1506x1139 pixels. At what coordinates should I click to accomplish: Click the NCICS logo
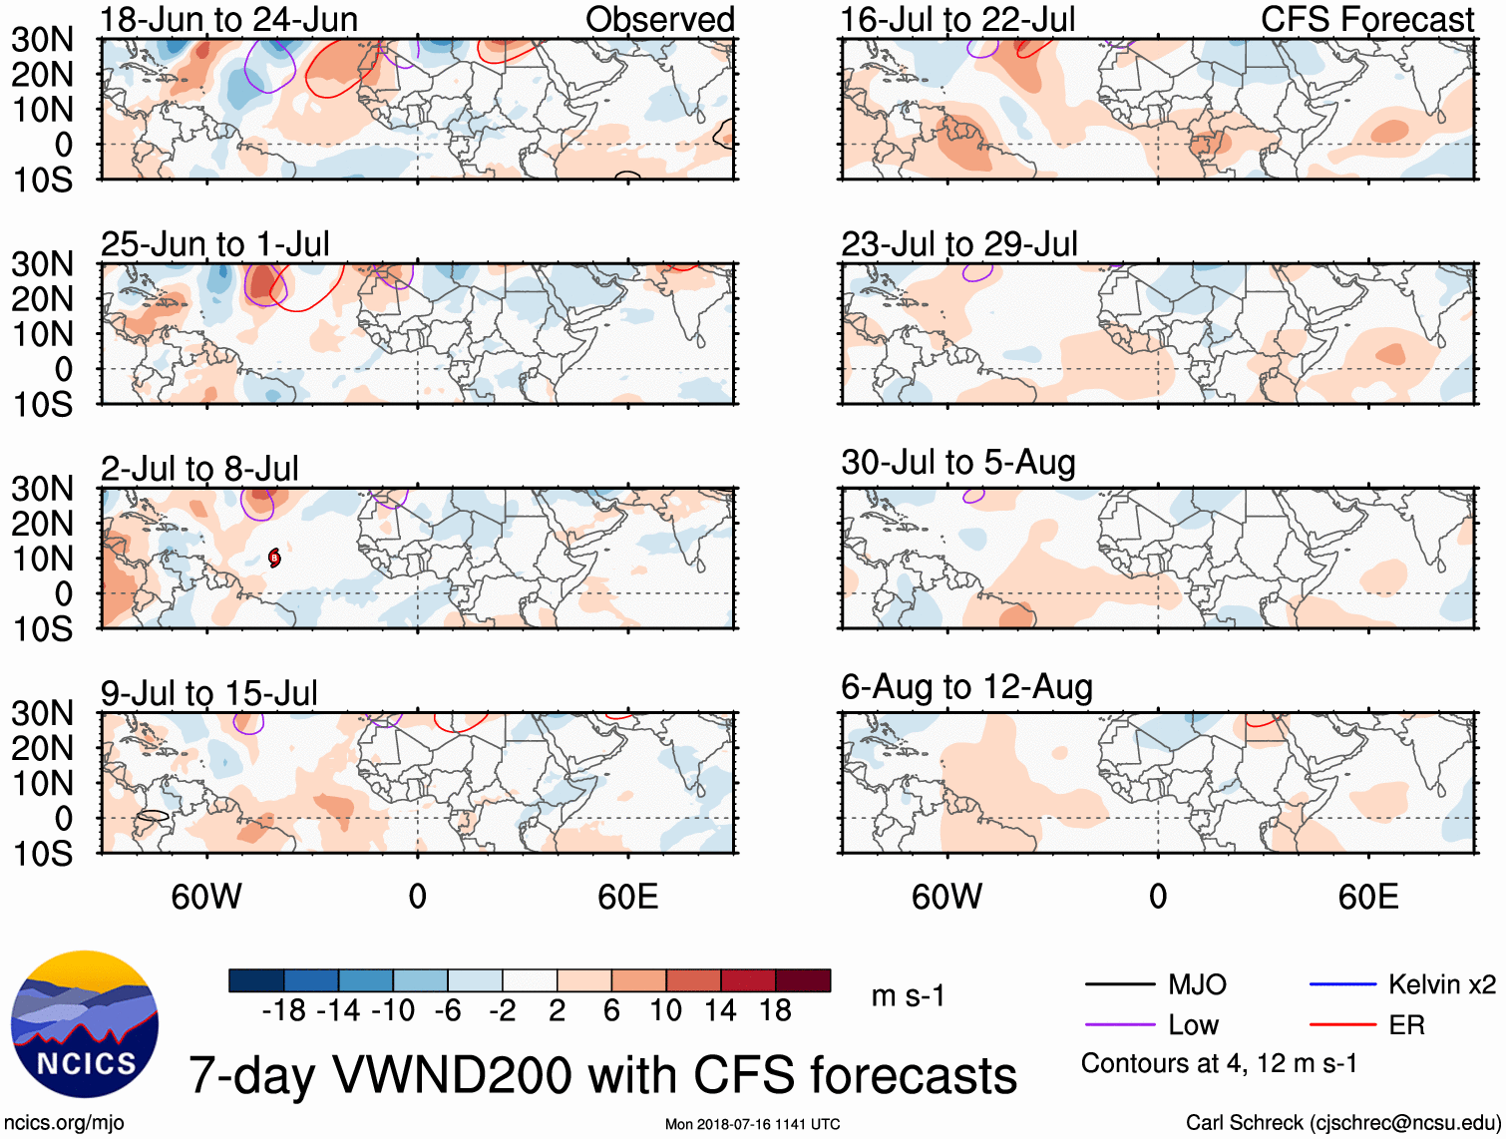coord(84,1023)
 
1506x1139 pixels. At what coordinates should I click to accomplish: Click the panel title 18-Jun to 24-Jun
coord(228,19)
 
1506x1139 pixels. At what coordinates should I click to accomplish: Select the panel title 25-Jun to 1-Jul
coord(214,244)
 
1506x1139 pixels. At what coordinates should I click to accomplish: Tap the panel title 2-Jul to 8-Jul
coord(199,469)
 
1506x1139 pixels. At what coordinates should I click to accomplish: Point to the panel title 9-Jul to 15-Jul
coord(208,693)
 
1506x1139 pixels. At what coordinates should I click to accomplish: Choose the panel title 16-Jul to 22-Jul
coord(957,19)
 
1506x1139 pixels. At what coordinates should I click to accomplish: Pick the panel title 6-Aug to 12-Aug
coord(966,687)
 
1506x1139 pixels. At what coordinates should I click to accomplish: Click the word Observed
coord(659,19)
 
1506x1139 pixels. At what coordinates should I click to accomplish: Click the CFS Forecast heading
coord(1366,19)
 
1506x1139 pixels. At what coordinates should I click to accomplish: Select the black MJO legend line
coord(1119,985)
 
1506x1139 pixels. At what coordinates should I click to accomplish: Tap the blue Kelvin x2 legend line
coord(1342,985)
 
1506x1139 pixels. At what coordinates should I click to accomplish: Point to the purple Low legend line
coord(1119,1025)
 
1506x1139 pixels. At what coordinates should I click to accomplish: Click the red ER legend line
coord(1342,1025)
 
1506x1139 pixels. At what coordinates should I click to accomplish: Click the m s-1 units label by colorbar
coord(908,996)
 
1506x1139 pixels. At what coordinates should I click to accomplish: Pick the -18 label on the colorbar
coord(284,1011)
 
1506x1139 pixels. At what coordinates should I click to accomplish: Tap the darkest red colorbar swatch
coord(803,980)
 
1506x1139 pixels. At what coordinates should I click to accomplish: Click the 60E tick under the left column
coord(627,897)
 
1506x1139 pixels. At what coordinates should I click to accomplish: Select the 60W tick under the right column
coord(946,897)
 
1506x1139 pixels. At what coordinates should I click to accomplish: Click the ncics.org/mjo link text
coord(64,1123)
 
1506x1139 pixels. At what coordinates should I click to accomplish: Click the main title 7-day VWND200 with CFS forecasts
coord(602,1075)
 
